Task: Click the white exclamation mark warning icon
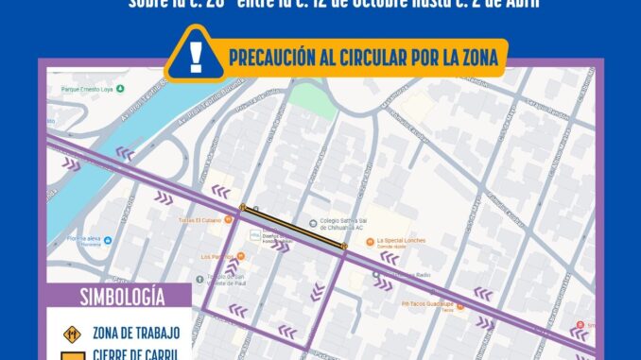point(196,56)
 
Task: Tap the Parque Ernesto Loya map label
point(86,93)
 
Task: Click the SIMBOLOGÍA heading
point(118,297)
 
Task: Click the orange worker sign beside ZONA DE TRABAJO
point(68,333)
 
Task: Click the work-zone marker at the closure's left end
point(243,208)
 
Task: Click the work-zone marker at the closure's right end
point(344,247)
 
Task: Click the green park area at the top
point(313,98)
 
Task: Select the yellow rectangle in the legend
point(68,354)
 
